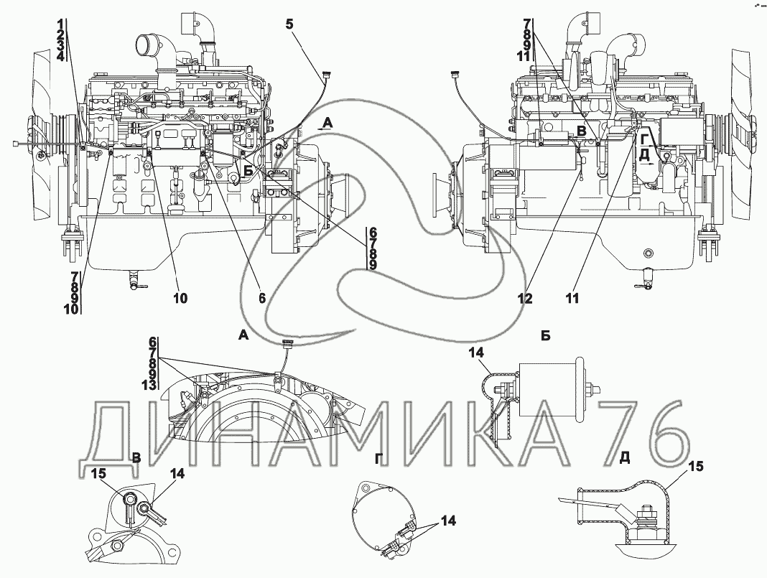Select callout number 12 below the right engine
point(525,298)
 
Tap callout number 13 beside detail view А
point(149,385)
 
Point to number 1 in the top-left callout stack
point(60,24)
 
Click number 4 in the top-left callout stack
point(60,56)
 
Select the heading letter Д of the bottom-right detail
point(625,457)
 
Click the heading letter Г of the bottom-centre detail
point(378,457)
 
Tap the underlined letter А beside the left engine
point(327,123)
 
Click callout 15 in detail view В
point(99,473)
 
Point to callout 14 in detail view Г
point(448,521)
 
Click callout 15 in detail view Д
point(696,467)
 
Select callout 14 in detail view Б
point(476,352)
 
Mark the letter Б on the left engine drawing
point(248,171)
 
